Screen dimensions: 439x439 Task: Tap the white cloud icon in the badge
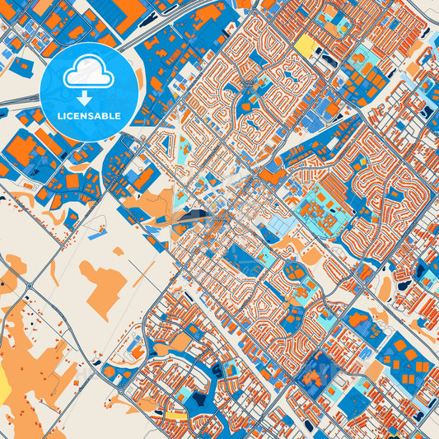[88, 73]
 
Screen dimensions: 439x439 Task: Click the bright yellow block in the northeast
[306, 46]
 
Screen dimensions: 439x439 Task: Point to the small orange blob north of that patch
[118, 250]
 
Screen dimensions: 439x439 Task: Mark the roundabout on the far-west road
[30, 285]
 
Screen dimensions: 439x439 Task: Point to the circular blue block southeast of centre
[294, 272]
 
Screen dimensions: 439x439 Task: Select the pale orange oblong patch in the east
[385, 287]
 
